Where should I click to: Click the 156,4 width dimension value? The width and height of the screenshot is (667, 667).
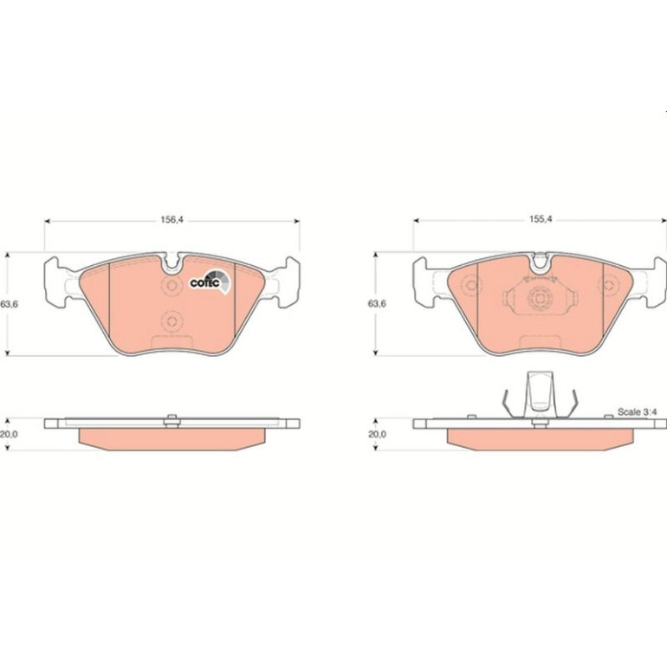172,220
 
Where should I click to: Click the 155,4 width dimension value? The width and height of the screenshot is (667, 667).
541,219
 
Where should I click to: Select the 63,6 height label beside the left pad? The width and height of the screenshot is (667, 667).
9,304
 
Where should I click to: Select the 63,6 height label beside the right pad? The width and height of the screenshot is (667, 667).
377,304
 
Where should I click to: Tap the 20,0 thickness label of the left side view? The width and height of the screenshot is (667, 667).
9,434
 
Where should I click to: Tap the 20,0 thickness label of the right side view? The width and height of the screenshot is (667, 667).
377,434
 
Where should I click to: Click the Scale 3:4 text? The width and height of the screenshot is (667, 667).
638,411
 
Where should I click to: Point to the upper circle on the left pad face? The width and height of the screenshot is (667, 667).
172,286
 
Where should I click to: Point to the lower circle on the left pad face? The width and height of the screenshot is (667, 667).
172,321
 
